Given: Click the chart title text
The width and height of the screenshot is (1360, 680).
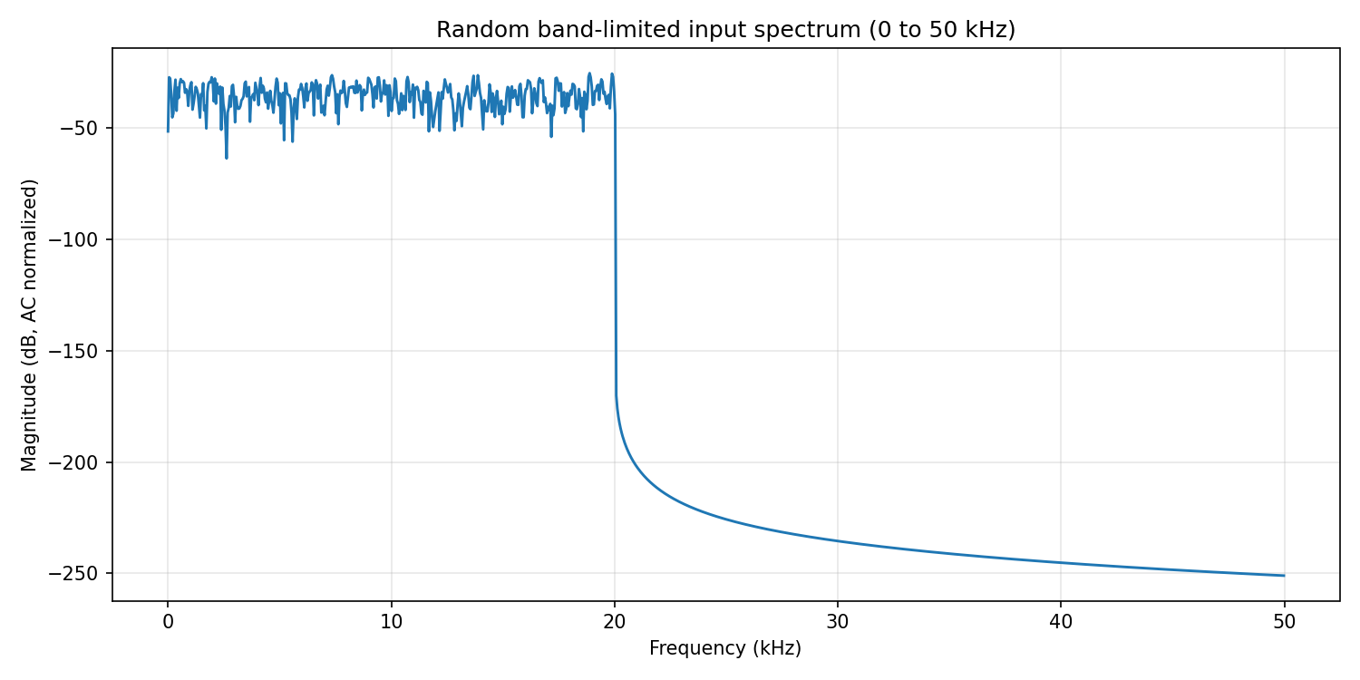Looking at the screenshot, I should pos(725,30).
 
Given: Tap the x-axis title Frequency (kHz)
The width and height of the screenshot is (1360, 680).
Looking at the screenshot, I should pos(725,649).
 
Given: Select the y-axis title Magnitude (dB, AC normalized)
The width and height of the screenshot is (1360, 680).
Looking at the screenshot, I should pos(30,325).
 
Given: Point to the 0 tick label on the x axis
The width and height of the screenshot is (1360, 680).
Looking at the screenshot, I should pos(168,623).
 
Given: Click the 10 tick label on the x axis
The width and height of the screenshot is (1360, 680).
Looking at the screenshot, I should pos(391,623).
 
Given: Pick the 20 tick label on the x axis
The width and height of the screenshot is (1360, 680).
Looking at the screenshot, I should pos(615,623).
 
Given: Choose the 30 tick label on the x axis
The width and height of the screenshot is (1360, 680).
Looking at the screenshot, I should pos(838,623).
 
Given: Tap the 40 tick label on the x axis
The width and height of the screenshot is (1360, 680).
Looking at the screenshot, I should pos(1061,623).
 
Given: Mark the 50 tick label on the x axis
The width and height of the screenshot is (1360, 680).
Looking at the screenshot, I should pos(1284,623).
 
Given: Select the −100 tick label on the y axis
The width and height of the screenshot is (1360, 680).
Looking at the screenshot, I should pos(82,239).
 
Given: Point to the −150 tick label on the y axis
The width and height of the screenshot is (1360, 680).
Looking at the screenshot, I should pos(82,351).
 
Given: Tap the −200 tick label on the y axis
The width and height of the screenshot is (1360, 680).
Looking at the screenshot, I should pos(82,462).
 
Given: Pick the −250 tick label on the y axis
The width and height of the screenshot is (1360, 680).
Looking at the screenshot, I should pos(82,574).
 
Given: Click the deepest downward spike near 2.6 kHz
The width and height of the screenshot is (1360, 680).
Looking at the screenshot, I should pos(226,158).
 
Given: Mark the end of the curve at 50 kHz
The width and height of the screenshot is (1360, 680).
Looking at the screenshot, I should pos(1284,576).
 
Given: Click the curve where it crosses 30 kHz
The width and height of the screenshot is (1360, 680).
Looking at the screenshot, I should pos(838,541).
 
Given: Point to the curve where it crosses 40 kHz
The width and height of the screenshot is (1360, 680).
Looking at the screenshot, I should pos(1061,563).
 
